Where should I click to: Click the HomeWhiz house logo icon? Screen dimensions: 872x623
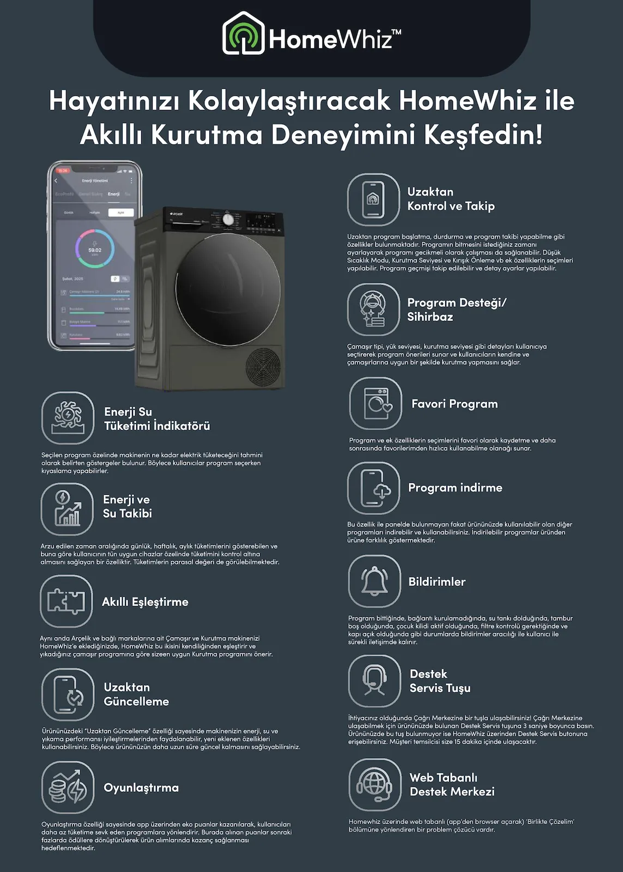click(243, 34)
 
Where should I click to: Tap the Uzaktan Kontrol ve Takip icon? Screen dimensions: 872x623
click(373, 199)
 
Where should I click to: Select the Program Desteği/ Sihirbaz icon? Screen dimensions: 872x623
click(373, 310)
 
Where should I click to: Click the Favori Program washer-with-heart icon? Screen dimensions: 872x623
click(376, 403)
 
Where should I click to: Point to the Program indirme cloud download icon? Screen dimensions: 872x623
click(374, 488)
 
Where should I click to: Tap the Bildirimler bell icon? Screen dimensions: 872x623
click(374, 582)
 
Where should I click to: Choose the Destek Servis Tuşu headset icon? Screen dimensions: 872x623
click(374, 681)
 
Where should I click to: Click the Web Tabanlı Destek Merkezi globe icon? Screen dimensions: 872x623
click(374, 785)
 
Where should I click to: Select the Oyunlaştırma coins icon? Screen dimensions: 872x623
click(68, 788)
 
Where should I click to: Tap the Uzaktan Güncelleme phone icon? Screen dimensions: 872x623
click(68, 694)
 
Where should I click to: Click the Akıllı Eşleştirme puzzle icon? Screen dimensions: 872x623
click(66, 601)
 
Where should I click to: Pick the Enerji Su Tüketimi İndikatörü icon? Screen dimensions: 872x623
click(68, 418)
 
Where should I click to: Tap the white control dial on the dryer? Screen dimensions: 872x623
click(228, 219)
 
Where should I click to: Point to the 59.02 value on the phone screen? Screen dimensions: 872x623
click(95, 250)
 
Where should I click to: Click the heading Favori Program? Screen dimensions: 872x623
click(455, 404)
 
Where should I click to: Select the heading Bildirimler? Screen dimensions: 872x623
click(437, 582)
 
